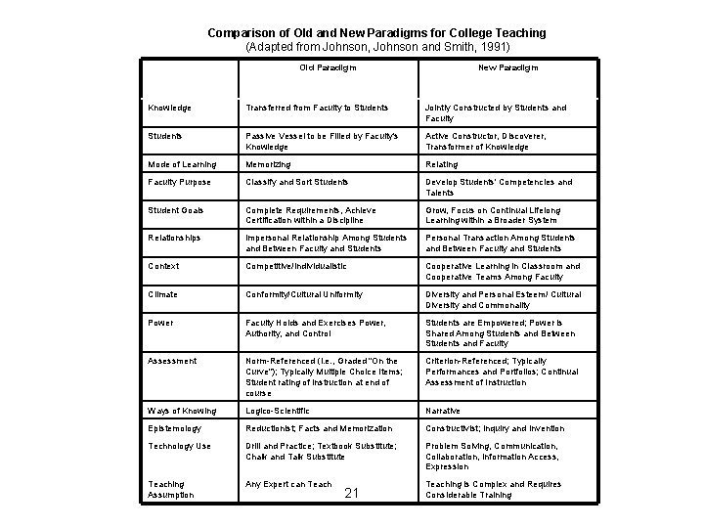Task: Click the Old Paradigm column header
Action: coord(328,68)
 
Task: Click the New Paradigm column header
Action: coord(507,68)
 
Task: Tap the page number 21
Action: coord(353,493)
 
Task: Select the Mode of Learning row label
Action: coord(182,164)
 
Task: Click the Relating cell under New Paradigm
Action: coord(442,164)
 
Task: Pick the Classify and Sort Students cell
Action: coord(297,182)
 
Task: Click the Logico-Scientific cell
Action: coord(278,411)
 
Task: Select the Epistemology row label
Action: coord(176,428)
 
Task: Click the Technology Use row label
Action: coord(179,446)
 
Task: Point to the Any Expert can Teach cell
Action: coord(288,484)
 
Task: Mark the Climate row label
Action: coord(163,293)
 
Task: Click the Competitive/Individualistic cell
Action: coord(296,266)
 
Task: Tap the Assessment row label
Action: coord(171,361)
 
